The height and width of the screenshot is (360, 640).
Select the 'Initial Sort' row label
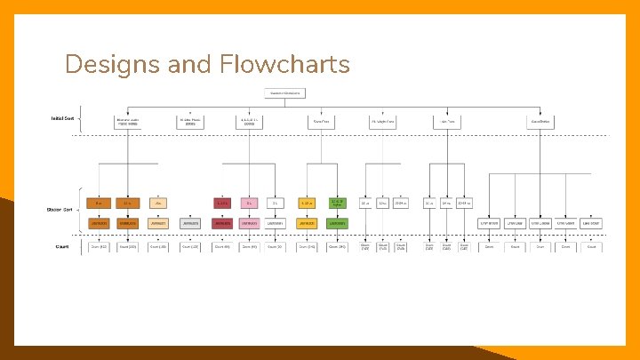[62, 118]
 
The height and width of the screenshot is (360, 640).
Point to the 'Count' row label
[62, 246]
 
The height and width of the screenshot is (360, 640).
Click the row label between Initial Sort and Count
[60, 210]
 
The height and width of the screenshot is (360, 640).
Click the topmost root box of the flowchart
[284, 92]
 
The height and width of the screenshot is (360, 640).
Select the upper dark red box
[222, 203]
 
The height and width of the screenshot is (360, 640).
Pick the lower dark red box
[222, 222]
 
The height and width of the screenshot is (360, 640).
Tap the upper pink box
[250, 203]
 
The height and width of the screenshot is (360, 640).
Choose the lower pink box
[250, 222]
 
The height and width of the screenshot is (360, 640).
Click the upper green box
[337, 203]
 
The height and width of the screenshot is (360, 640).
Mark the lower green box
[337, 222]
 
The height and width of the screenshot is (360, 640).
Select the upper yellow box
[307, 203]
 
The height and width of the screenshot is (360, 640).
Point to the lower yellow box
[307, 222]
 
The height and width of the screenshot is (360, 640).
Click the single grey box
[190, 222]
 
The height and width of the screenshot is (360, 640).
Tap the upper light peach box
[158, 203]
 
